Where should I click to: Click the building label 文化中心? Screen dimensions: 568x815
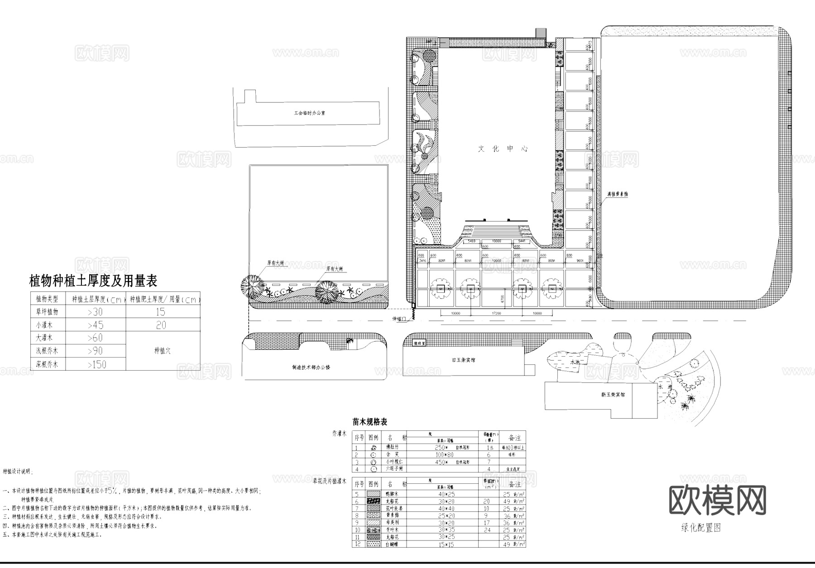(x=503, y=148)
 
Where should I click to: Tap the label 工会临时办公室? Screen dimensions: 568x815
(x=309, y=113)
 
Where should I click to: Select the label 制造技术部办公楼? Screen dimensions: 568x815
(x=311, y=367)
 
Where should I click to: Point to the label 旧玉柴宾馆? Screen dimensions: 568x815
(x=463, y=360)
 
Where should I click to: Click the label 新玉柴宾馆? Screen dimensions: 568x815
(x=613, y=395)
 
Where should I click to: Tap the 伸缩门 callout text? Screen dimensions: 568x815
(x=400, y=319)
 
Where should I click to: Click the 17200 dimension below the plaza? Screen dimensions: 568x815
(x=496, y=313)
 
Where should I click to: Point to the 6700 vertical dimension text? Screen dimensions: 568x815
(x=503, y=299)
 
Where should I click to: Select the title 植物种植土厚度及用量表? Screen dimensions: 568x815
(x=93, y=281)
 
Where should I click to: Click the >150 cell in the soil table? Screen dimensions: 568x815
(x=96, y=364)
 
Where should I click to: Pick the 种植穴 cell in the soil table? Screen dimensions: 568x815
(x=163, y=351)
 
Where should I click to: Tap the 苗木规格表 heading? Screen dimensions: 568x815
(x=370, y=422)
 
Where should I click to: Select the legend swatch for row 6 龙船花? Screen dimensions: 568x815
(x=373, y=501)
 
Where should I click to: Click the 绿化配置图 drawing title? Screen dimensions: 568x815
(x=700, y=528)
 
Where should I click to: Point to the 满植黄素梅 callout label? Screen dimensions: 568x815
(x=617, y=194)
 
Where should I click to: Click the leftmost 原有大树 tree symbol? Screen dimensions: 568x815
(x=253, y=286)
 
